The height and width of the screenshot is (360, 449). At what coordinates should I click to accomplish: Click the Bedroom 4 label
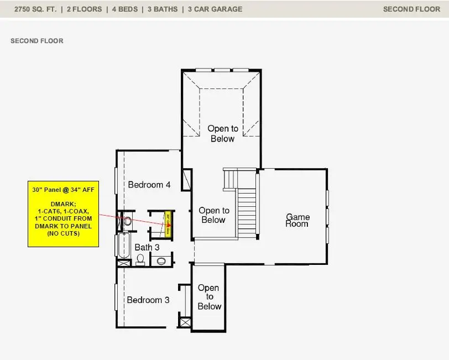(x=149, y=185)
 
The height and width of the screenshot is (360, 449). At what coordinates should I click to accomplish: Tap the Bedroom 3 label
(x=148, y=300)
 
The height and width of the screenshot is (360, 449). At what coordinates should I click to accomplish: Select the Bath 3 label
(x=147, y=247)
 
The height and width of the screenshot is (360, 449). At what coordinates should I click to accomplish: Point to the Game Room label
(x=297, y=220)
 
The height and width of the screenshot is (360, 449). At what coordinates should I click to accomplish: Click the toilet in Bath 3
(x=140, y=258)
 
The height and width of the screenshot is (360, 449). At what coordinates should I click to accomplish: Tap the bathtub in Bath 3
(x=123, y=246)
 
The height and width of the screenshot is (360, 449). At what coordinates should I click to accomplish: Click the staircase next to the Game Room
(x=247, y=210)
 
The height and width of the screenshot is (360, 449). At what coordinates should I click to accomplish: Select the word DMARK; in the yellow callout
(x=62, y=204)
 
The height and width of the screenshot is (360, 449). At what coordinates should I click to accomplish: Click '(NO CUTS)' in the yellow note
(x=62, y=234)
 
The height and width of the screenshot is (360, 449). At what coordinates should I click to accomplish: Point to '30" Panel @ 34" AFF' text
(x=62, y=190)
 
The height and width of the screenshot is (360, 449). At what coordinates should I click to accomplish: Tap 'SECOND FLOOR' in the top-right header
(x=411, y=9)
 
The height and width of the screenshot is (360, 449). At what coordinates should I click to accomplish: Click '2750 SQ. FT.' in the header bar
(x=34, y=9)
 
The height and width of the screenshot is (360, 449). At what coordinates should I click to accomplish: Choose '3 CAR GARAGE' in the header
(x=215, y=9)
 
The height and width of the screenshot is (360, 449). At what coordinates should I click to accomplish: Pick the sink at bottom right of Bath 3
(x=161, y=260)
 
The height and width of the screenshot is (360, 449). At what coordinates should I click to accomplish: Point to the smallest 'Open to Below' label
(x=209, y=297)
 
